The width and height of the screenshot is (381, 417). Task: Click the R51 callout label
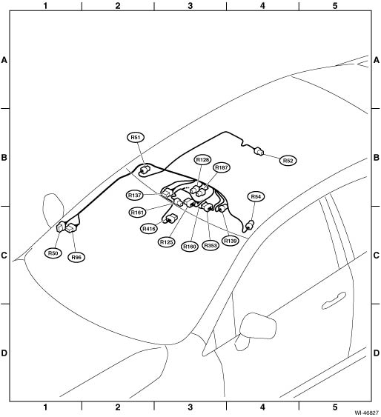coord(136,137)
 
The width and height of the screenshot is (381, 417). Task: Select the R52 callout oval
coord(288,161)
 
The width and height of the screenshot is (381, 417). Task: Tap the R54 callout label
coord(256,196)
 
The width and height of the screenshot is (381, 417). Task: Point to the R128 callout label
coord(202,159)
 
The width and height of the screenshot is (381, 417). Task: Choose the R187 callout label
coord(222,167)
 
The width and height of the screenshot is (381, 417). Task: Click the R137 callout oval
coord(135,196)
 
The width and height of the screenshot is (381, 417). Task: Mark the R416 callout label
coord(149,228)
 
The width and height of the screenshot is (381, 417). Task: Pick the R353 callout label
coord(211,245)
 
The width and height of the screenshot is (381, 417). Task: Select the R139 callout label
coord(231,241)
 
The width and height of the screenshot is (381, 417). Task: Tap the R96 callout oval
coord(76,258)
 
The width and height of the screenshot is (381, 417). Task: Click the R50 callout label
coord(53,253)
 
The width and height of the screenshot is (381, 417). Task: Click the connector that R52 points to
coord(259,152)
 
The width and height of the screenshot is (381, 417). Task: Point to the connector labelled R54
coord(250,225)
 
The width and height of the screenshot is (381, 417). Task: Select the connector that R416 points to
coord(172,218)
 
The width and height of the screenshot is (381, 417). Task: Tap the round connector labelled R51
coord(145,170)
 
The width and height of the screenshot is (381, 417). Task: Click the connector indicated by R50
coord(61,227)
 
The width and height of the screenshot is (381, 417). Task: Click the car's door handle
coord(334,300)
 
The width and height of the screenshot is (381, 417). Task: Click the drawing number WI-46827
coord(366,413)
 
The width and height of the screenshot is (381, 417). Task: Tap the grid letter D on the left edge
coord(4,353)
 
